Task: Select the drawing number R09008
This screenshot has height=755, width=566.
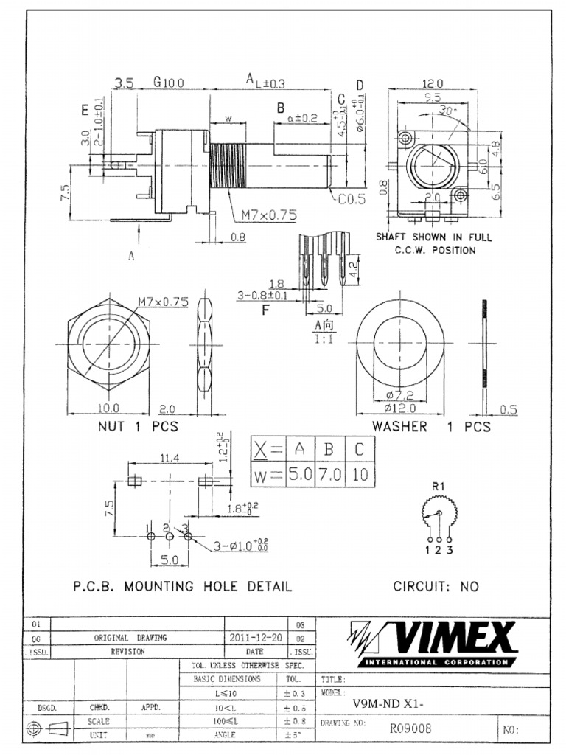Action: coord(410,728)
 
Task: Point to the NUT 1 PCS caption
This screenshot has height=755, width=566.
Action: coord(138,427)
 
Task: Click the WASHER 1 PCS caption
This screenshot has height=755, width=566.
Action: coord(430,427)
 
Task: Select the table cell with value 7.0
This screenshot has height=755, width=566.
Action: coord(330,474)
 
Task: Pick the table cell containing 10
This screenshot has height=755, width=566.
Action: coord(360,474)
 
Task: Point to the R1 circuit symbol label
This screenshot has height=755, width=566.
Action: coord(439,487)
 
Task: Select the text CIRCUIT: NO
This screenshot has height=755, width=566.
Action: coord(436,587)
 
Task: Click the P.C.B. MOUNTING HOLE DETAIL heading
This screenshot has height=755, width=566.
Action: coord(182,587)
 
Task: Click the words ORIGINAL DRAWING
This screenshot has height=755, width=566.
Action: coord(130,638)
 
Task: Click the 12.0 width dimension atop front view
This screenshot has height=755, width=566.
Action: coord(432,84)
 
